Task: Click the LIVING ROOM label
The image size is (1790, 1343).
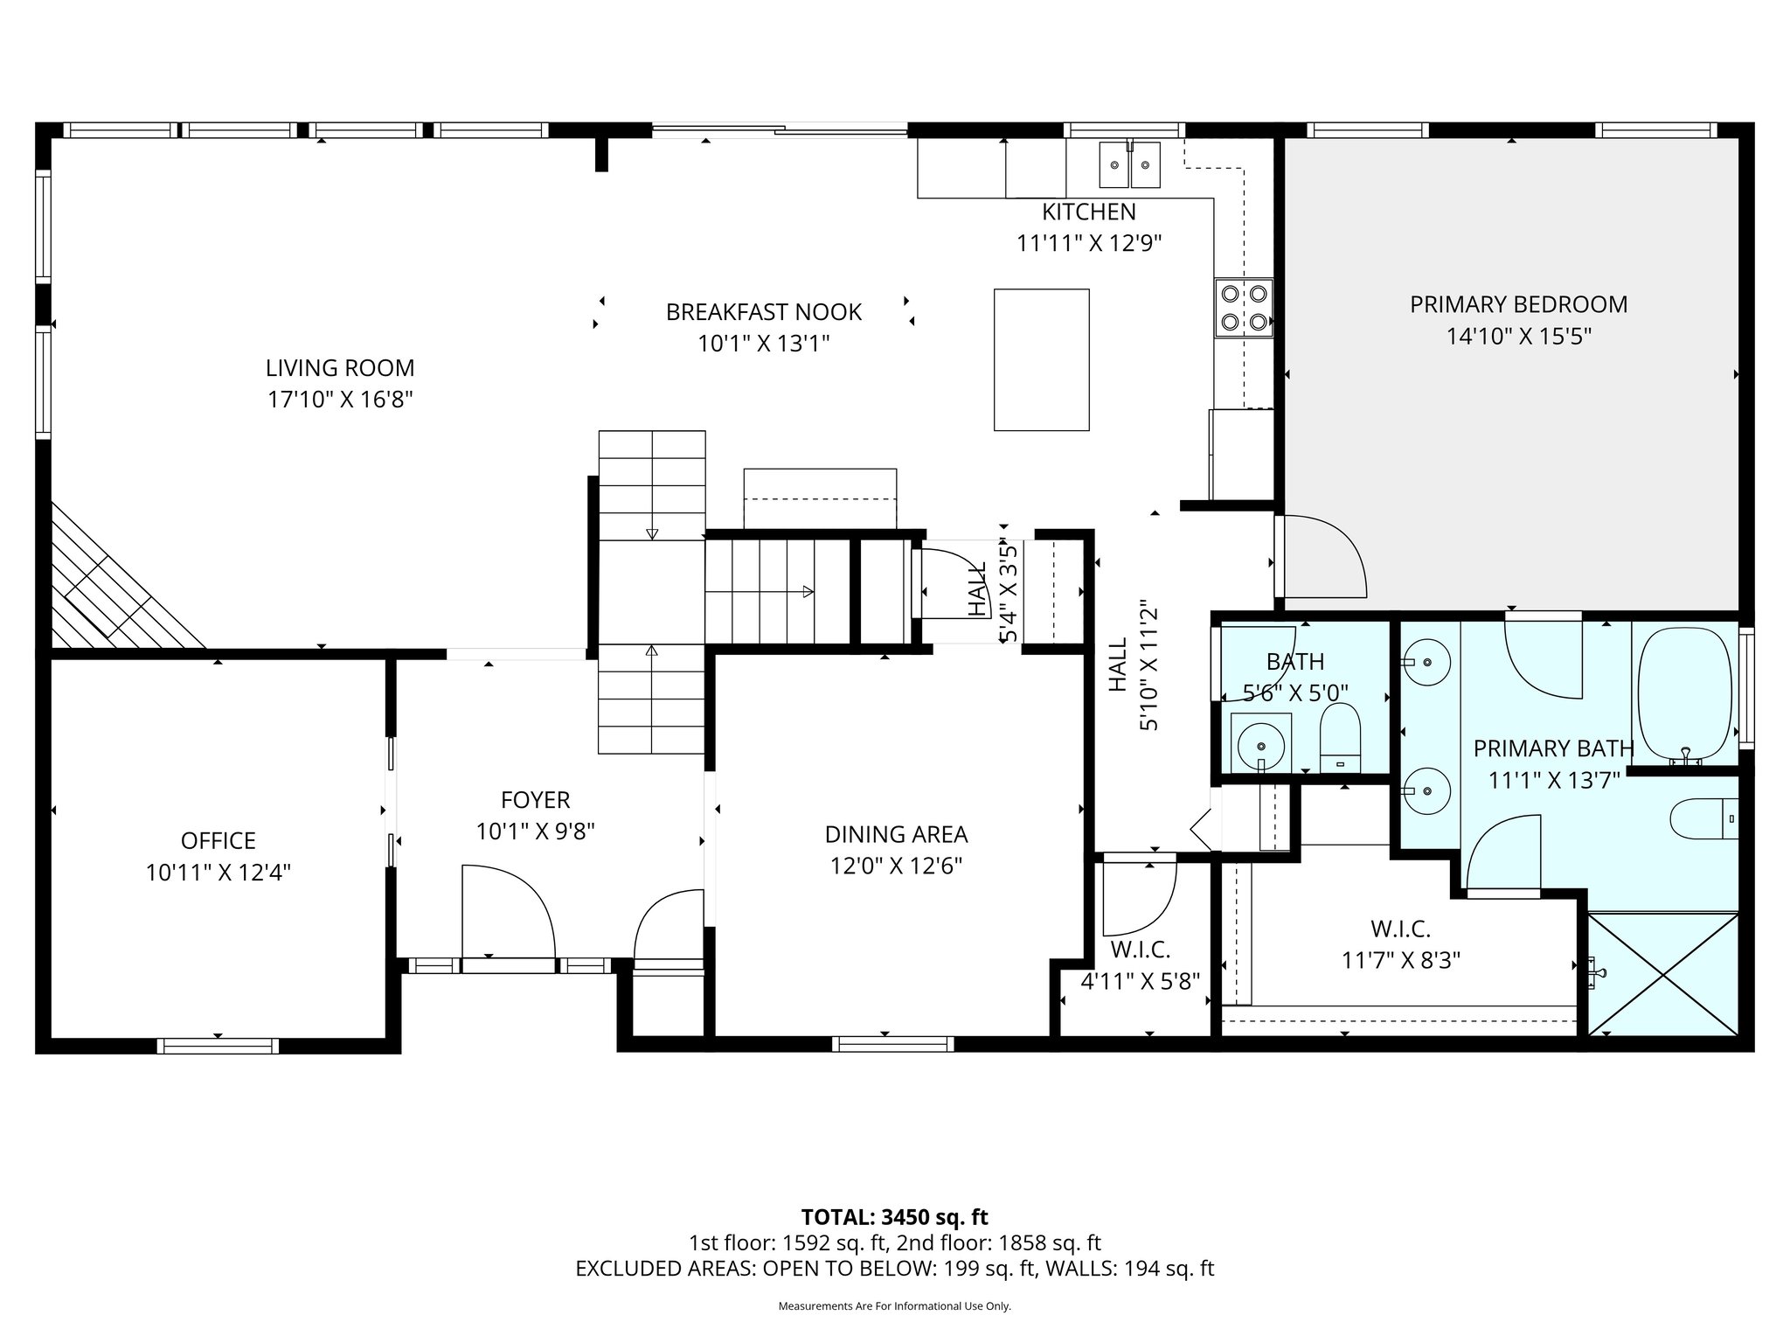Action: click(x=340, y=368)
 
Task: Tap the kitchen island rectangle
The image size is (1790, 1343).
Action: click(x=1041, y=359)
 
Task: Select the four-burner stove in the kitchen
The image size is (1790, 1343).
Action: click(x=1243, y=308)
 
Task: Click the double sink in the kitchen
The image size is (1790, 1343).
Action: click(x=1129, y=165)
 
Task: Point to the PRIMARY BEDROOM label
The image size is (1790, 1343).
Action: click(x=1518, y=304)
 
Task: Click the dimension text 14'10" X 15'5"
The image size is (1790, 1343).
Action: click(x=1518, y=337)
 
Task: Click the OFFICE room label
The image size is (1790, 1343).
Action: click(x=218, y=840)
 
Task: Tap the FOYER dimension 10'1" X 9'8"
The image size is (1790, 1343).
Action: click(x=535, y=831)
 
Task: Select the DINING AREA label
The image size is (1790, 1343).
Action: click(x=896, y=834)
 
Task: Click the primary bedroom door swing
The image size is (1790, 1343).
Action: click(x=1320, y=556)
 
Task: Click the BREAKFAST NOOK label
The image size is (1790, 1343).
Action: click(x=763, y=312)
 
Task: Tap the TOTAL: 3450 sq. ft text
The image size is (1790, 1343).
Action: click(x=894, y=1217)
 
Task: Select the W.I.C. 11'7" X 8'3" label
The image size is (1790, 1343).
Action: click(x=1400, y=945)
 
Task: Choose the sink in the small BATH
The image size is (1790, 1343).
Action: click(x=1260, y=745)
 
